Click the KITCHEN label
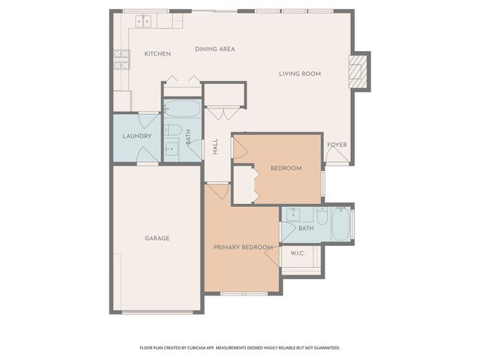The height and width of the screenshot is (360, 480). pos(157,54)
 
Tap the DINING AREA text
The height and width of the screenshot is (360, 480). pos(215,49)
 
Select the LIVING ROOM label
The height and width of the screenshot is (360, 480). pos(300,73)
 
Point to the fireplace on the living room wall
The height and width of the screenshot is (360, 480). pos(360,71)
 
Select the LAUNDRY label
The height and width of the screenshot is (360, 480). pos(137,136)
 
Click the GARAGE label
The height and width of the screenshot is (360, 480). pos(157,238)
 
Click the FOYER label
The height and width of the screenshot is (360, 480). pos(337,145)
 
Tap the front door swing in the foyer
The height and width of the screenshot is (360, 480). pos(337,155)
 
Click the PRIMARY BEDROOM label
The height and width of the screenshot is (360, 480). pos(242,247)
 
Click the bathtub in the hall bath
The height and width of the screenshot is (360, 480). pos(182,110)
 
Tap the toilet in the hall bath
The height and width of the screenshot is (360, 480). pos(173,131)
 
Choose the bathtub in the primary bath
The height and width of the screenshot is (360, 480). pos(341,223)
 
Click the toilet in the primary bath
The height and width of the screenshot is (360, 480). pos(322,217)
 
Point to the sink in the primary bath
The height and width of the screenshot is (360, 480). pos(293,214)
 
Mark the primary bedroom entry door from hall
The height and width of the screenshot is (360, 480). pos(218,190)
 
